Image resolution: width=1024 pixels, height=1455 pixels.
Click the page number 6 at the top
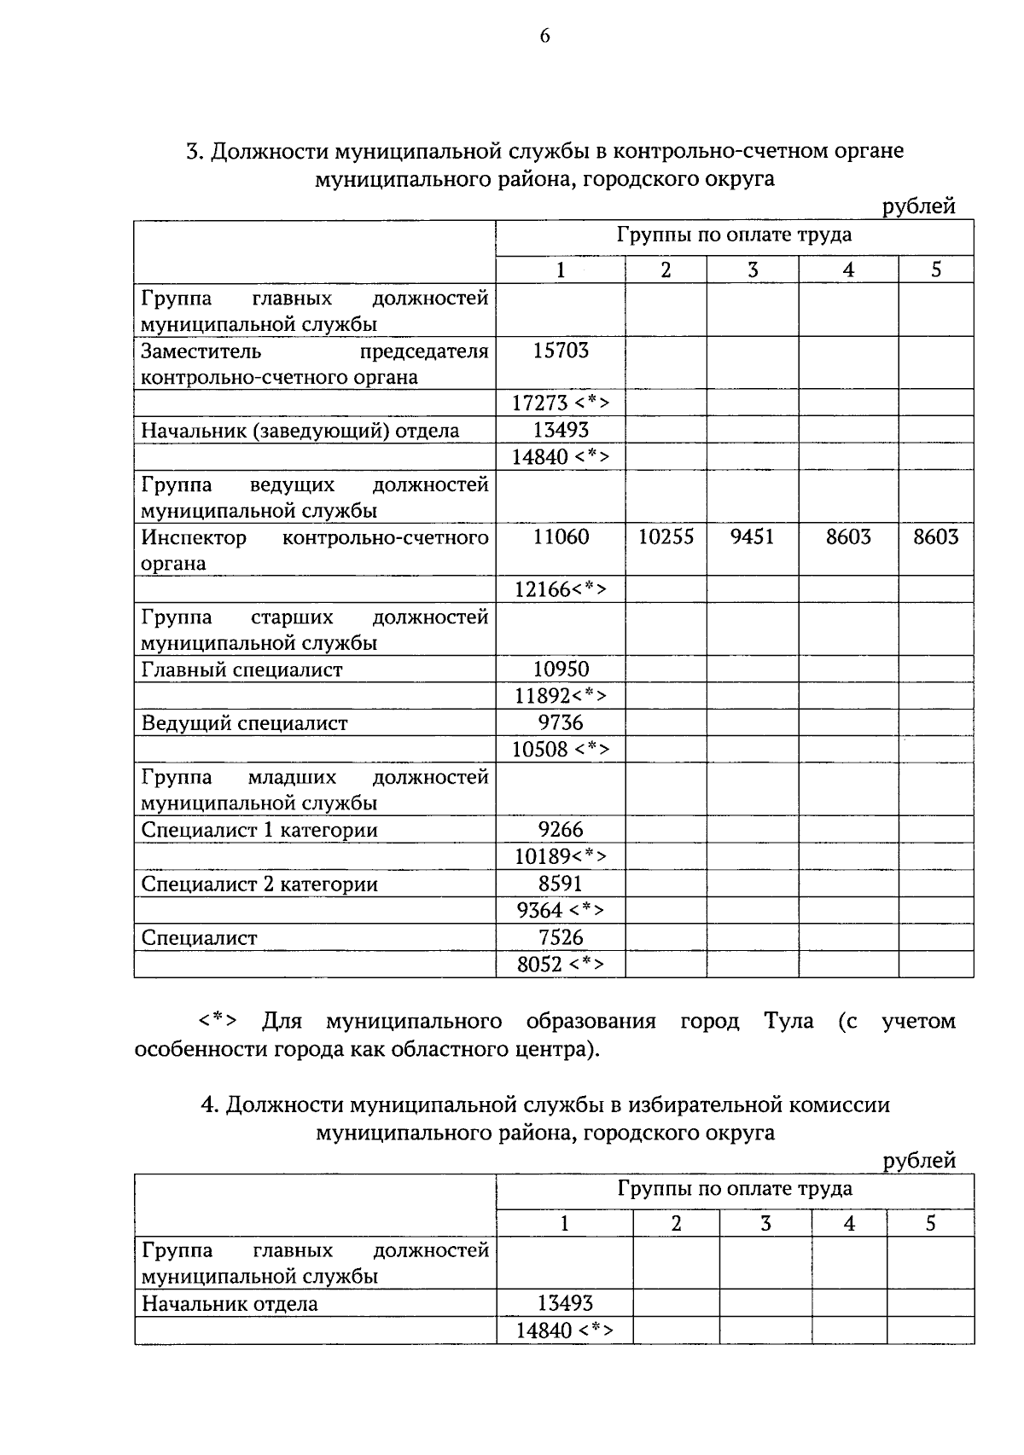point(544,36)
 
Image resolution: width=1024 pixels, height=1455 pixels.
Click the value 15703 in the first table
point(561,351)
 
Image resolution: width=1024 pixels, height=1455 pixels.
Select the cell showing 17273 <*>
point(561,403)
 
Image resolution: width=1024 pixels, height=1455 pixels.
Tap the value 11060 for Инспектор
point(561,537)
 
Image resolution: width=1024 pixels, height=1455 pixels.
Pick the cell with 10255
point(666,537)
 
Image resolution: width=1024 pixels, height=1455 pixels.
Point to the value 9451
point(753,537)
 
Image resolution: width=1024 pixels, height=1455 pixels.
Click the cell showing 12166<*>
point(561,590)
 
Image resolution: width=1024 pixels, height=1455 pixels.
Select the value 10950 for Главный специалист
point(561,670)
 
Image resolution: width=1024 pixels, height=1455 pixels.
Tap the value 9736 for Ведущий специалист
point(561,723)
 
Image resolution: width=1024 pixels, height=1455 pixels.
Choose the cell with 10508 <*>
point(561,751)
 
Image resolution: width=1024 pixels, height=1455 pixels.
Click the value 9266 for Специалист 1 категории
point(561,830)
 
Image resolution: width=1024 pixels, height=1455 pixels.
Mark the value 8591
point(561,884)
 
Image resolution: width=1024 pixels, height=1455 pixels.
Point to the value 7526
point(561,938)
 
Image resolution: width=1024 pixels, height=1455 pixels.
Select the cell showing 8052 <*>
point(561,965)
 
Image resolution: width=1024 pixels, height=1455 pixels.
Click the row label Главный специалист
point(241,670)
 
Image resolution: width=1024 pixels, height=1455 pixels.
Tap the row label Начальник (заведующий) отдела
point(300,431)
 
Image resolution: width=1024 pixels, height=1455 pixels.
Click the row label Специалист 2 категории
point(259,884)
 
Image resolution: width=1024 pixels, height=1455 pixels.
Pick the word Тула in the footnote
point(788,1022)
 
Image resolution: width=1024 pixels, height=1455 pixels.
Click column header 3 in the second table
point(765,1224)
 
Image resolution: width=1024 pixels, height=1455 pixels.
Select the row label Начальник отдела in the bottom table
point(230,1304)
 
